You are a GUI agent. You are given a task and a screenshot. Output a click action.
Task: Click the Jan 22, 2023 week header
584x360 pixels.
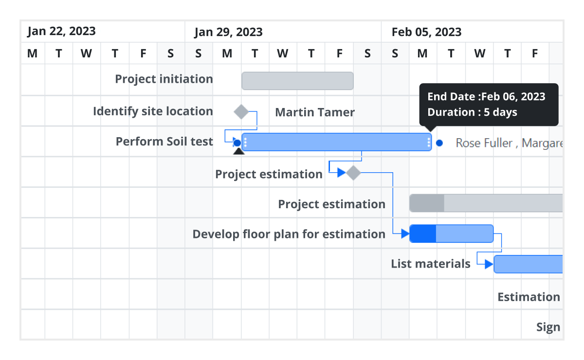pos(61,32)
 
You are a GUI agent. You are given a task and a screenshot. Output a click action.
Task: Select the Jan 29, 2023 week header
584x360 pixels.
pos(228,32)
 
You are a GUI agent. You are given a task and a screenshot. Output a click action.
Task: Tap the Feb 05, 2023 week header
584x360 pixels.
pos(426,32)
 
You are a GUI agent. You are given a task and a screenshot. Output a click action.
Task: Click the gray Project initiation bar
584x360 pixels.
pos(297,81)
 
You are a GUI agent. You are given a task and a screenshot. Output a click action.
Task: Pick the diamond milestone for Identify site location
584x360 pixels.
pos(241,111)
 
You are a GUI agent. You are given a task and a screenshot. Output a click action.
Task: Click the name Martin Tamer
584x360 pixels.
pos(315,112)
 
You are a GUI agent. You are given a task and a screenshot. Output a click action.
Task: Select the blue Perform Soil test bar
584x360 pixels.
pos(336,142)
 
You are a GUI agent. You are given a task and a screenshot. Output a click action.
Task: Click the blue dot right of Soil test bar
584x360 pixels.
pos(439,143)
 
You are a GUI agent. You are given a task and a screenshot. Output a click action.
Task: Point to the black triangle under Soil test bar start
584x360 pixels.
pos(238,151)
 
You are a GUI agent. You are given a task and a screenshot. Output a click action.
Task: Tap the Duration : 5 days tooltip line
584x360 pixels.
pos(472,112)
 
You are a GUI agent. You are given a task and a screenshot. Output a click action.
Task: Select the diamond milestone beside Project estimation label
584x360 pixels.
pos(353,172)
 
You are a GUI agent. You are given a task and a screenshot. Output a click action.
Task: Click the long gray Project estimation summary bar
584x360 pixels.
pos(487,203)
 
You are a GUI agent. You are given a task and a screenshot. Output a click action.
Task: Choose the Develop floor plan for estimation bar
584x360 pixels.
pos(451,234)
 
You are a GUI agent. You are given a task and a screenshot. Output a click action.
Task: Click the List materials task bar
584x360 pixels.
pos(529,264)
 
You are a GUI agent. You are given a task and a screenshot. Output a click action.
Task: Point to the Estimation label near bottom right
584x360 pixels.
pos(529,297)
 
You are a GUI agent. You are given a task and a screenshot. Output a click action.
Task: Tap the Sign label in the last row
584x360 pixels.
pos(548,327)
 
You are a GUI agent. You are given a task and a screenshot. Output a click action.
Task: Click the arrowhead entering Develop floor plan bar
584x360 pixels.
pos(405,234)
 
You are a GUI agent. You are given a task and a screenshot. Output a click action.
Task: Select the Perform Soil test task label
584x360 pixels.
pos(164,142)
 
